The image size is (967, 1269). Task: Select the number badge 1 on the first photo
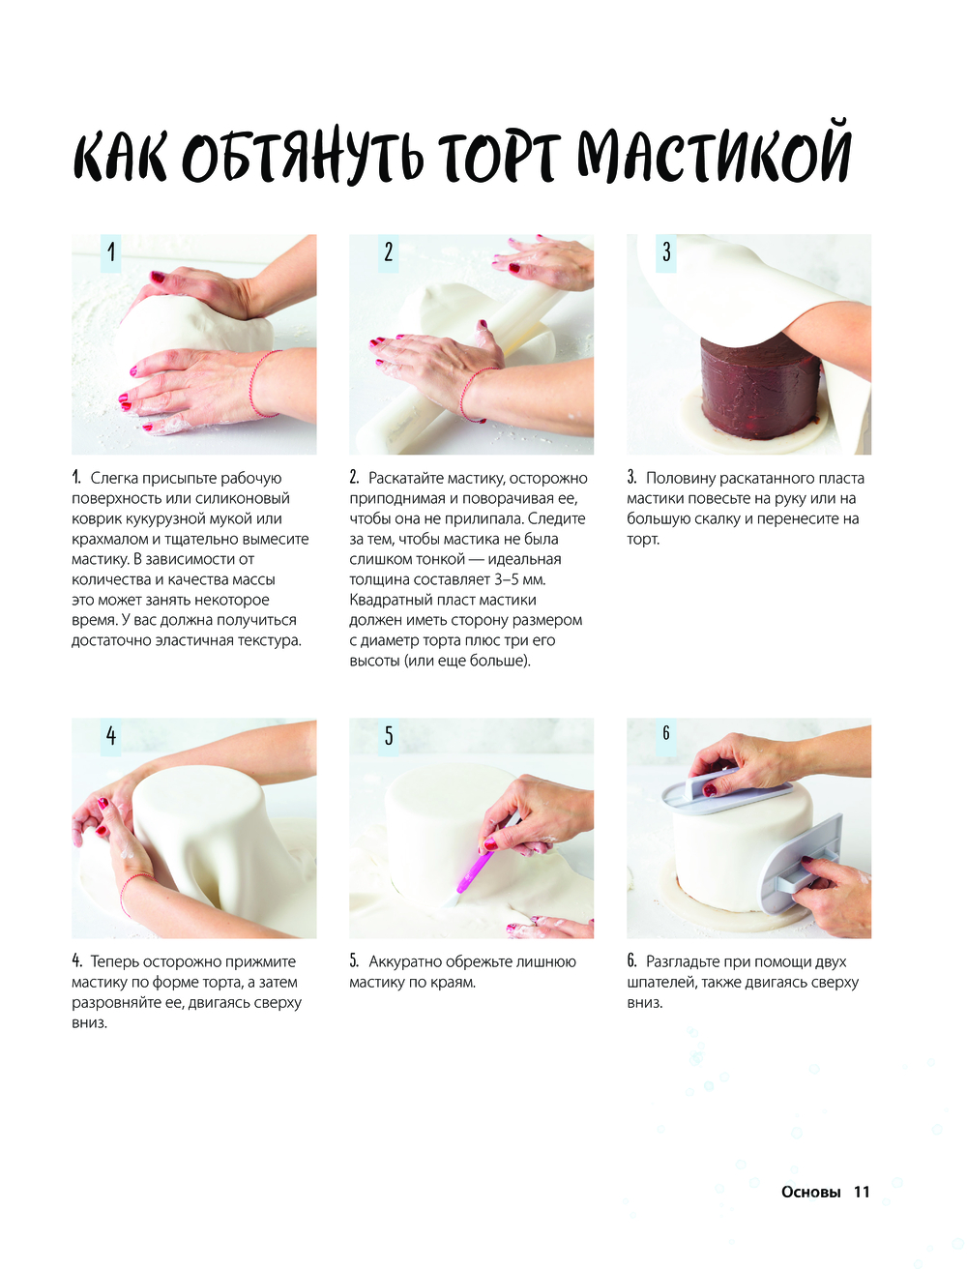111,253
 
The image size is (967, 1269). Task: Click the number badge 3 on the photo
666,253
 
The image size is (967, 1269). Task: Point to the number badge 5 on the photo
389,736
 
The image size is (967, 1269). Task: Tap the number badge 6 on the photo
666,736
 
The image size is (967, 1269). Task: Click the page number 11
862,1193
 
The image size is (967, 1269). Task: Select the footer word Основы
811,1193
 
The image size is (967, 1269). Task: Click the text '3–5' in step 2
506,579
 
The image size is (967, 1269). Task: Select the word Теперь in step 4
115,961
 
